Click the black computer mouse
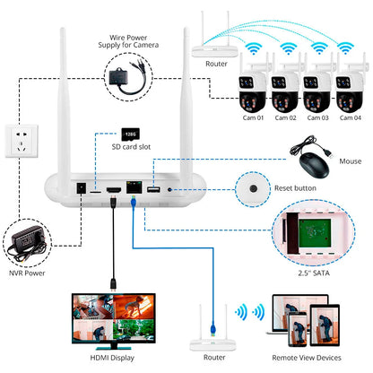pyautogui.click(x=311, y=163)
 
